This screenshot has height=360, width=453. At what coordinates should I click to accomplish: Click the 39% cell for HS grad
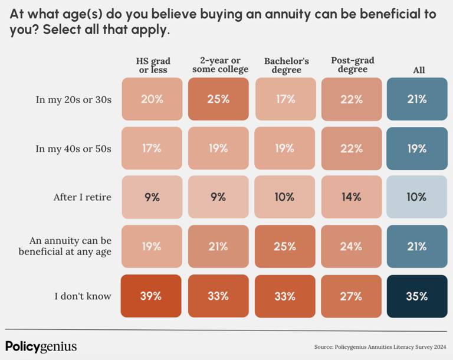[x=152, y=296]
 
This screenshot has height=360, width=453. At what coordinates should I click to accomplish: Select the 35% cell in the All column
[x=416, y=296]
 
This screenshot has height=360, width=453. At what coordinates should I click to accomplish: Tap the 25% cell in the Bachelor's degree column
[x=284, y=247]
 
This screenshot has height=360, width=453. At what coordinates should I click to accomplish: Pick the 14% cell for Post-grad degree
[x=351, y=197]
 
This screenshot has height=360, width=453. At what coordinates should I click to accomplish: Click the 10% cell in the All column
[x=416, y=197]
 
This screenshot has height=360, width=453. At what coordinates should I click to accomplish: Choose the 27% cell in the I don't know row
[x=351, y=296]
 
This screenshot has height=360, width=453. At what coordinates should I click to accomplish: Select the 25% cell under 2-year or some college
[x=218, y=99]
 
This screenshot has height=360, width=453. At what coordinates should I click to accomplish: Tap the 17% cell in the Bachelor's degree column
[x=284, y=99]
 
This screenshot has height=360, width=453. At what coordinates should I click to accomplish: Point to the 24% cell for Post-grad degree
[x=351, y=247]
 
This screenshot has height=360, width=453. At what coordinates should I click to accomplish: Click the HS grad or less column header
[x=153, y=66]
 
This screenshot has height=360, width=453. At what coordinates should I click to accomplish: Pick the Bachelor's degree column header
[x=286, y=66]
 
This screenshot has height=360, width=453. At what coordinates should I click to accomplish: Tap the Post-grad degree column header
[x=353, y=65]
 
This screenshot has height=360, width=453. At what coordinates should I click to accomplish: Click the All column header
[x=419, y=70]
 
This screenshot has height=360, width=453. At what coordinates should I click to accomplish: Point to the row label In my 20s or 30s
[x=74, y=99]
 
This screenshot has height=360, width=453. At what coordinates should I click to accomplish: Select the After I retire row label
[x=81, y=197]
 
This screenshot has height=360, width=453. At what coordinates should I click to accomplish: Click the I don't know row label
[x=83, y=296]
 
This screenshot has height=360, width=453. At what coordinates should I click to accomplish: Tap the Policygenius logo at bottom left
[x=41, y=346]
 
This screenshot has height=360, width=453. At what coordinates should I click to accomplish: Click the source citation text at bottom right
[x=380, y=348]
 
